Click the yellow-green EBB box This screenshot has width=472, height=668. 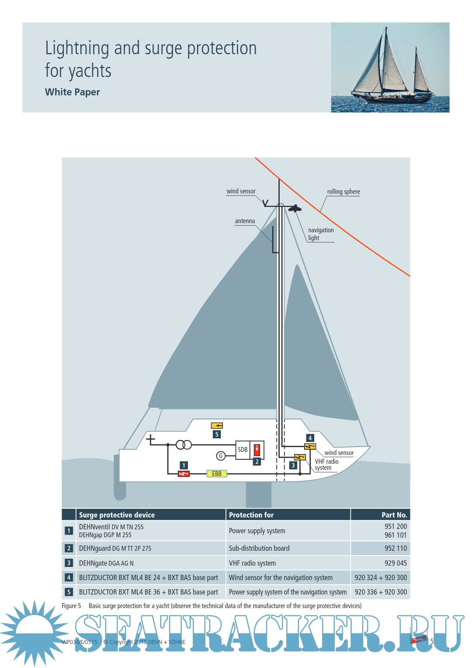point(216,473)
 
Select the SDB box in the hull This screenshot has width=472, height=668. point(243,450)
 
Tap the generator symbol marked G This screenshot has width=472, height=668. point(221,456)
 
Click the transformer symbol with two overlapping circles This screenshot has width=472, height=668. point(184,445)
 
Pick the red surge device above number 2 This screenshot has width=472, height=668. point(257,449)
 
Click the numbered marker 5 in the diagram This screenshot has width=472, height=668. point(217,434)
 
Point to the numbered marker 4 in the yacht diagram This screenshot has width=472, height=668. point(310,438)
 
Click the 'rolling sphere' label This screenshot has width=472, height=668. point(344,192)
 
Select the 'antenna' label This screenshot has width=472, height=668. point(245,221)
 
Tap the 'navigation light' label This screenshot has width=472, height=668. point(320,234)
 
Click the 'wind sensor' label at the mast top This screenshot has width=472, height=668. point(241,191)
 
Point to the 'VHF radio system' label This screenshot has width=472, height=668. point(326,465)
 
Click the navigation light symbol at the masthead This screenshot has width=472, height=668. point(295,208)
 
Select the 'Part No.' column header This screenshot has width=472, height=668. point(394,515)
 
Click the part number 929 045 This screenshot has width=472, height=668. point(395,563)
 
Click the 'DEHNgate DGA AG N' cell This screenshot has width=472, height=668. point(106,563)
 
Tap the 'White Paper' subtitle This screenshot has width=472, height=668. point(72,92)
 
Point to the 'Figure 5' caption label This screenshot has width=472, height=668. point(71,606)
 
